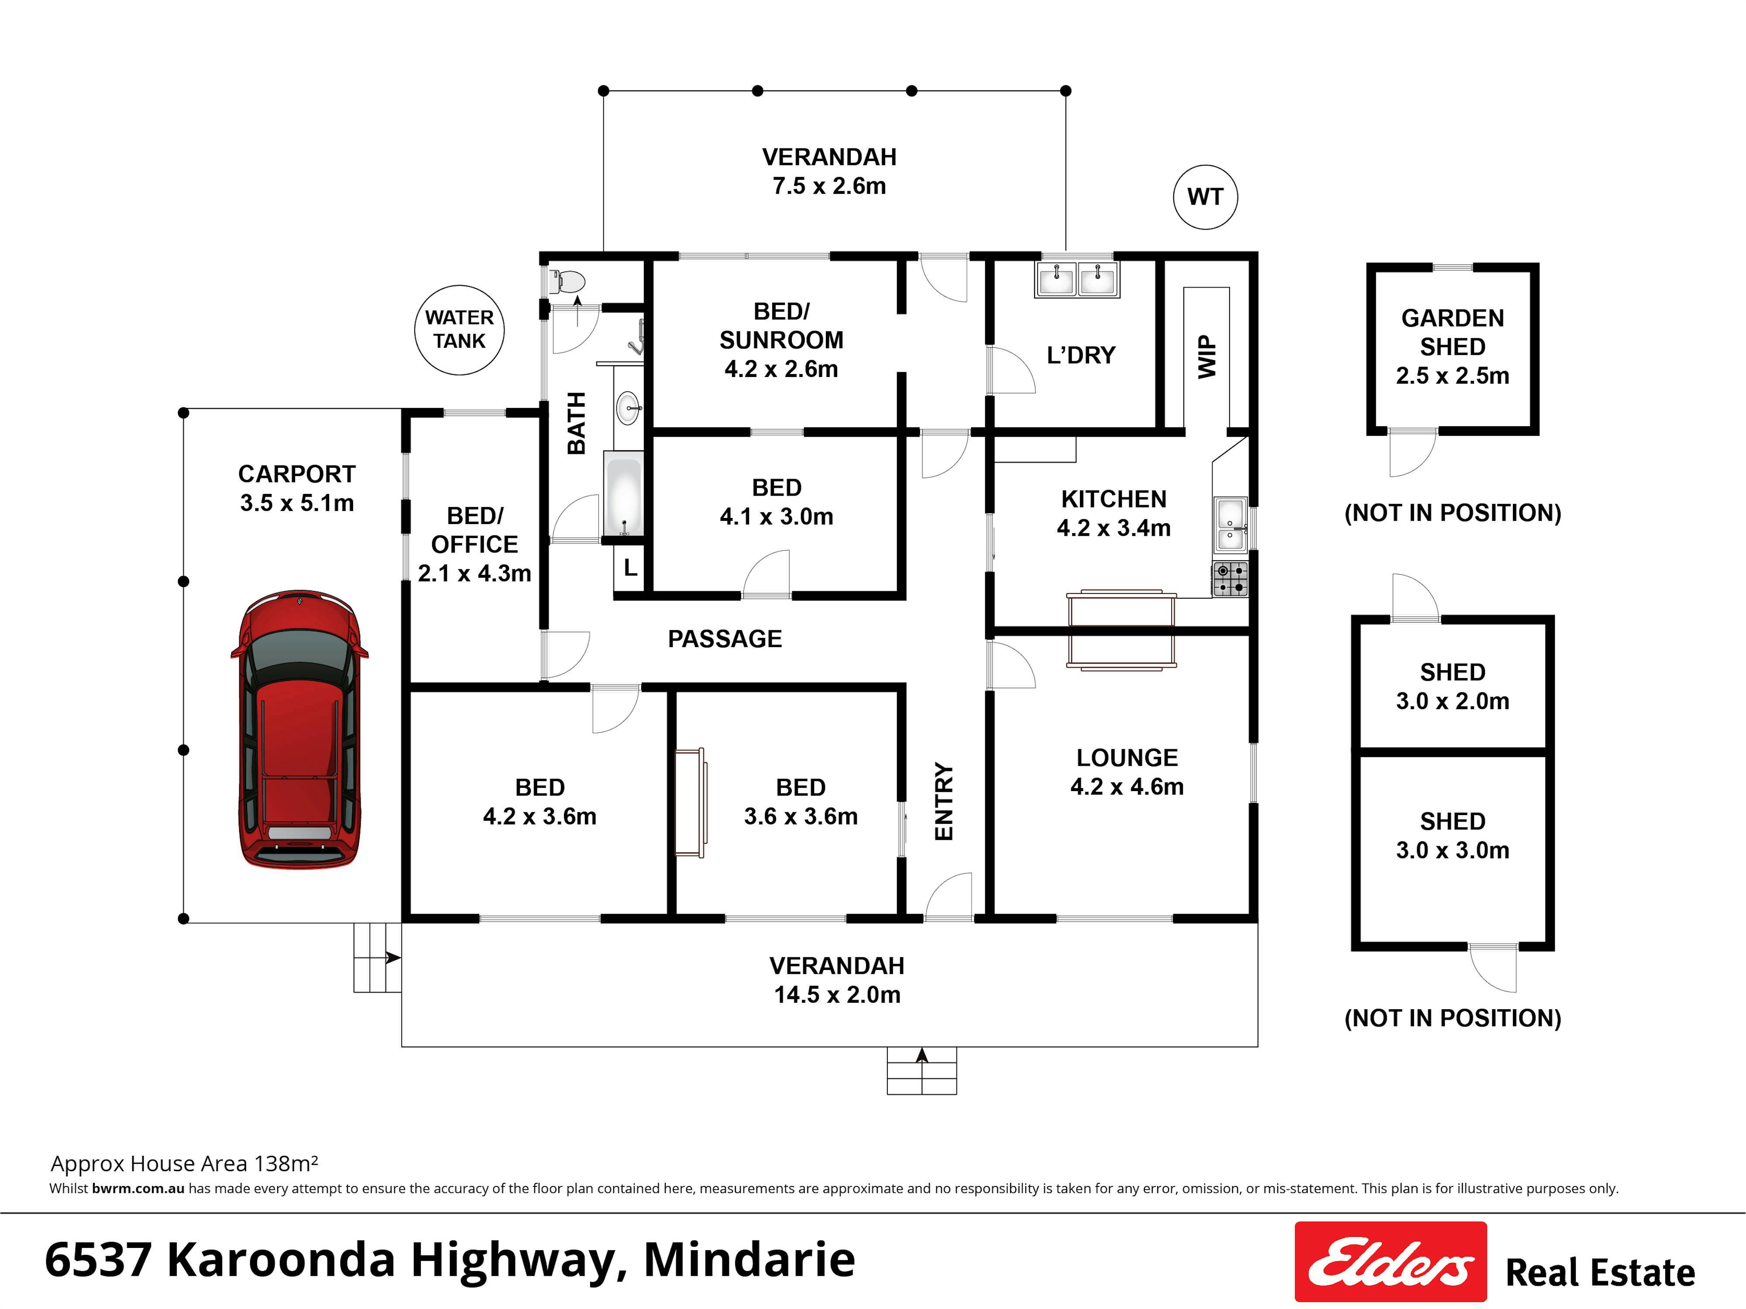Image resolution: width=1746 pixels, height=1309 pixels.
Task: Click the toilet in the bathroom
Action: (x=567, y=281)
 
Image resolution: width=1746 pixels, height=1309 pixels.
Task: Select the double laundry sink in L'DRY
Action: (x=1077, y=278)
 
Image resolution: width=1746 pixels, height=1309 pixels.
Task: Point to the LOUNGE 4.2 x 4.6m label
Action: (x=1127, y=772)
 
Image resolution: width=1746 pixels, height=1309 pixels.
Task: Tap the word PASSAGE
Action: (x=725, y=639)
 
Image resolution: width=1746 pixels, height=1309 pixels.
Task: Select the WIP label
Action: (x=1207, y=356)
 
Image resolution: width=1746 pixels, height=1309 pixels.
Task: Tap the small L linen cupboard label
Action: (x=630, y=567)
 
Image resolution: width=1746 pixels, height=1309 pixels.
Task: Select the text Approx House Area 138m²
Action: (x=184, y=1164)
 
